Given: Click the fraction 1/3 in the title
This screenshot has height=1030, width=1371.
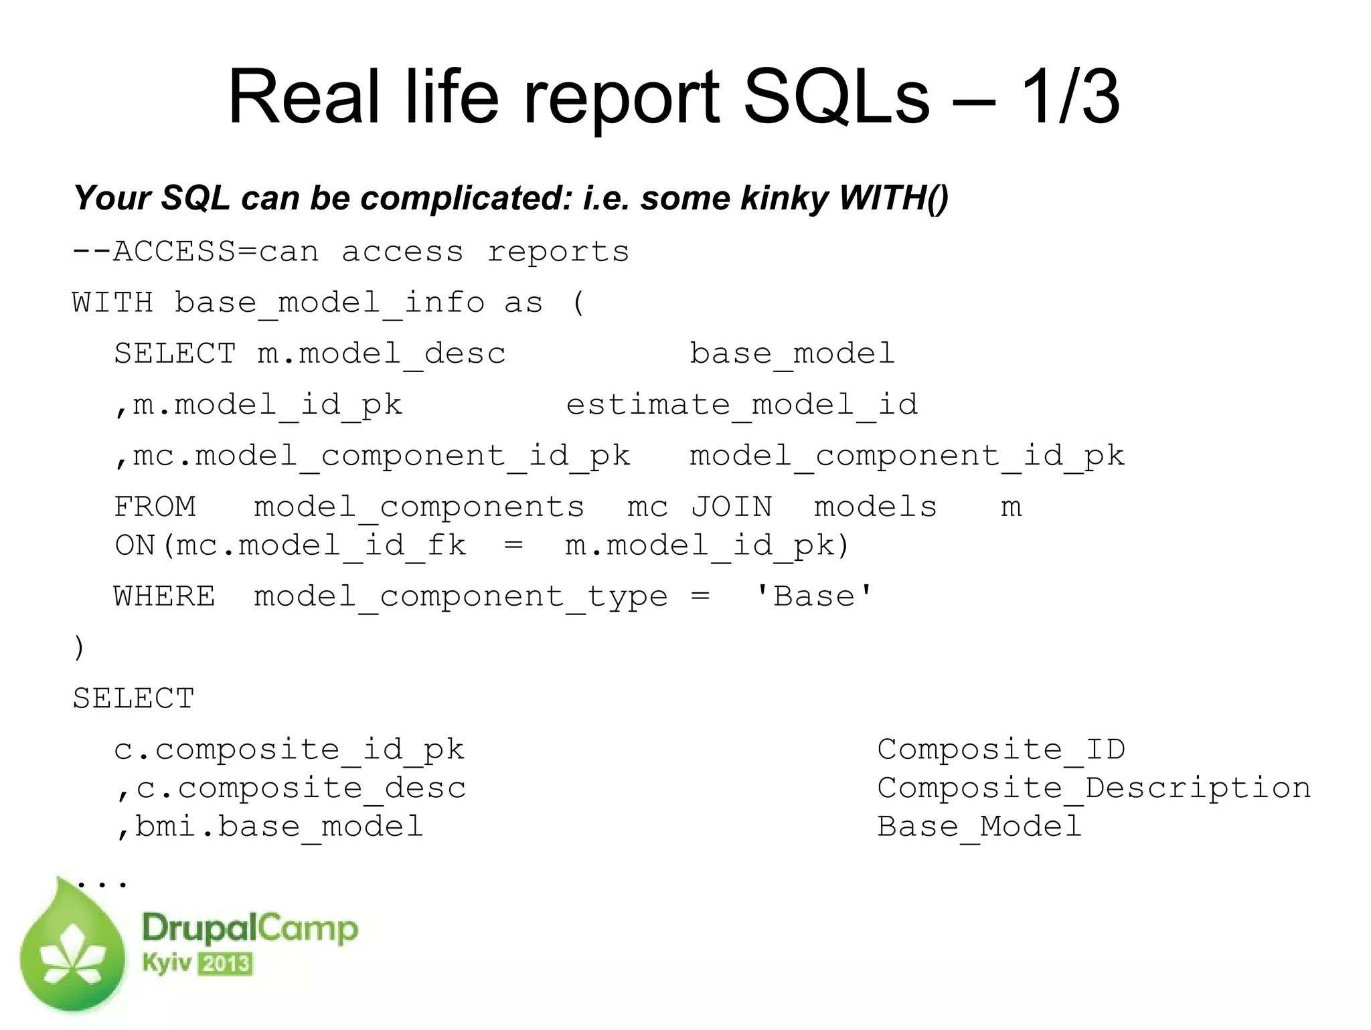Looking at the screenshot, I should tap(1069, 98).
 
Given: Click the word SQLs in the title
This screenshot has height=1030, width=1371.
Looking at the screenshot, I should tap(836, 98).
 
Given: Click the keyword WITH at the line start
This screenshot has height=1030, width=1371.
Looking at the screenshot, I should tap(112, 303).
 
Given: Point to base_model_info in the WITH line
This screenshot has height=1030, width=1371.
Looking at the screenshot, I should tap(329, 303).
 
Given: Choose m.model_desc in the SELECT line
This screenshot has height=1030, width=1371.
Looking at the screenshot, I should tap(382, 353).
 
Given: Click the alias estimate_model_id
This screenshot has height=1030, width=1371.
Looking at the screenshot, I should tap(742, 404).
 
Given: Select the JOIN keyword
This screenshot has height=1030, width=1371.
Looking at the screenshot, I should tap(731, 507).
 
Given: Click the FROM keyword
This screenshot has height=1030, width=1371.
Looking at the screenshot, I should tap(155, 507).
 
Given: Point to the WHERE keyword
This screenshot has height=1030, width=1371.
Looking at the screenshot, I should tap(164, 596).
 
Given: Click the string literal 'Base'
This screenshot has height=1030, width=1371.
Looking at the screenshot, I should tap(814, 596).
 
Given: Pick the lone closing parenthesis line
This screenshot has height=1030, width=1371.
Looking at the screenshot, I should tap(79, 647).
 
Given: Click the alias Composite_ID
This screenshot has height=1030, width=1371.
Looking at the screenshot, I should tap(1001, 750).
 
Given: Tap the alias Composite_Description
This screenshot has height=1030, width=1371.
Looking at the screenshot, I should tap(1094, 788).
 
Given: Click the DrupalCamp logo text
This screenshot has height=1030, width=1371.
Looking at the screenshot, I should tap(250, 929).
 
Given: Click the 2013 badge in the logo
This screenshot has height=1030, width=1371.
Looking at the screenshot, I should tap(226, 964).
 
